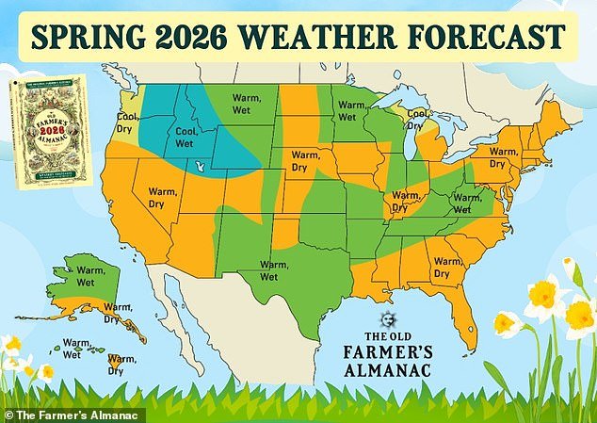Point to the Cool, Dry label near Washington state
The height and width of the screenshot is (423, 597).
pyautogui.click(x=127, y=123)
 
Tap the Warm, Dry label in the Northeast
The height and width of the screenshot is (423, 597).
pyautogui.click(x=504, y=156)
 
